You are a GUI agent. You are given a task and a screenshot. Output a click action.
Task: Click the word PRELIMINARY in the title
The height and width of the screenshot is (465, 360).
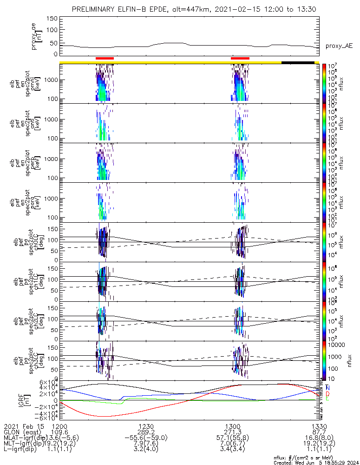point(94,9)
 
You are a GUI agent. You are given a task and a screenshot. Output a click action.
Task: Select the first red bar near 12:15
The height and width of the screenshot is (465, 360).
point(105,58)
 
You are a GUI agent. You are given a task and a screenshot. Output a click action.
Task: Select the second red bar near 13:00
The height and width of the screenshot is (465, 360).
point(240,58)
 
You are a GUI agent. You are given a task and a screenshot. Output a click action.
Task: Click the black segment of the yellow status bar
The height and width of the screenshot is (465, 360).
point(298,62)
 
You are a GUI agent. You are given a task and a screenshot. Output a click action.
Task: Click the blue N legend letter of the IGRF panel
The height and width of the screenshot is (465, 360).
point(328,387)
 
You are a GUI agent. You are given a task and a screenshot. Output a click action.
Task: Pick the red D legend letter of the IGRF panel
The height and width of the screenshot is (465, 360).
point(328,393)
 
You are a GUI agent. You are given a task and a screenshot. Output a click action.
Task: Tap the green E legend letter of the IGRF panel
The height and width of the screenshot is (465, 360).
point(328,399)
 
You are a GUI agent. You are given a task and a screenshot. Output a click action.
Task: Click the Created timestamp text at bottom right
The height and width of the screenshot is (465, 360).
point(316,462)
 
